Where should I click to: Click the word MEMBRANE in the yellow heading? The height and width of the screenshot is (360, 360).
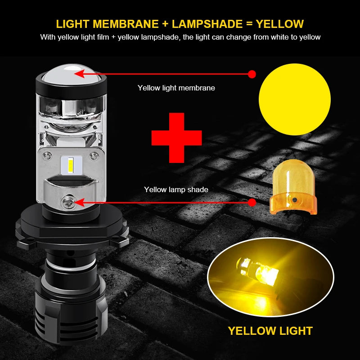(x=126, y=24)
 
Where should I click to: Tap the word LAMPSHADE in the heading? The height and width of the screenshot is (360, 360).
(x=207, y=24)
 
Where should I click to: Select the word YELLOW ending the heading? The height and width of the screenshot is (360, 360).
(x=280, y=24)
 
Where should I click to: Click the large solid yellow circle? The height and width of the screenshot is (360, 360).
(x=295, y=99)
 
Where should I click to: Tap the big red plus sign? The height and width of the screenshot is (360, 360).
(x=176, y=138)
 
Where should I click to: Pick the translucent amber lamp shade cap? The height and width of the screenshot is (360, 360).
(x=293, y=187)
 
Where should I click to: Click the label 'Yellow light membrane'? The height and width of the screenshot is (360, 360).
(x=176, y=88)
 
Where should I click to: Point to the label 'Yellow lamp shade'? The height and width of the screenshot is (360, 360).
(x=176, y=189)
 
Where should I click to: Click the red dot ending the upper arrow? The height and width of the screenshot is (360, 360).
(x=252, y=74)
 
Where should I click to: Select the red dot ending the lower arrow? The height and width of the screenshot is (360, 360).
(x=252, y=202)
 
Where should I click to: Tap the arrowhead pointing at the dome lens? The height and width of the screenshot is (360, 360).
(x=80, y=74)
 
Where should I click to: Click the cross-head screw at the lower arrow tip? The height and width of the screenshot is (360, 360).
(x=68, y=202)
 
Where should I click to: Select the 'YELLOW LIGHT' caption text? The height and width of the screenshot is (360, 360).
(x=270, y=331)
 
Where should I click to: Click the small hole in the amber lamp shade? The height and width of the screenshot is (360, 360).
(x=295, y=200)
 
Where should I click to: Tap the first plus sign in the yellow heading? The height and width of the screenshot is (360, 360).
(x=165, y=24)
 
